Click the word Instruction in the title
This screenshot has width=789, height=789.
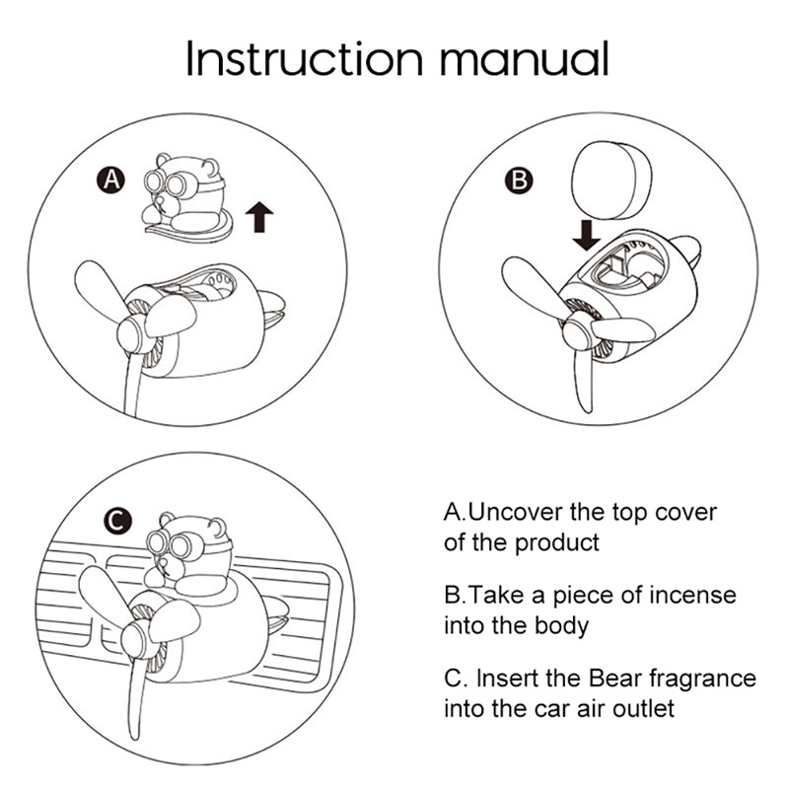305,58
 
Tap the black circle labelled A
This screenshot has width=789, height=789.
111,179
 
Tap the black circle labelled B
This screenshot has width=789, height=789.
519,179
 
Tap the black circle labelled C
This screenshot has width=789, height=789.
117,521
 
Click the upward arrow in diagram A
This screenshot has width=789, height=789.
259,217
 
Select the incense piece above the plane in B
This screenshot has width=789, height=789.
611,180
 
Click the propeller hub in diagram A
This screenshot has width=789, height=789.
132,334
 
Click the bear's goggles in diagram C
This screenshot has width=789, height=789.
169,544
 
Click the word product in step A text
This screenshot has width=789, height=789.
557,543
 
